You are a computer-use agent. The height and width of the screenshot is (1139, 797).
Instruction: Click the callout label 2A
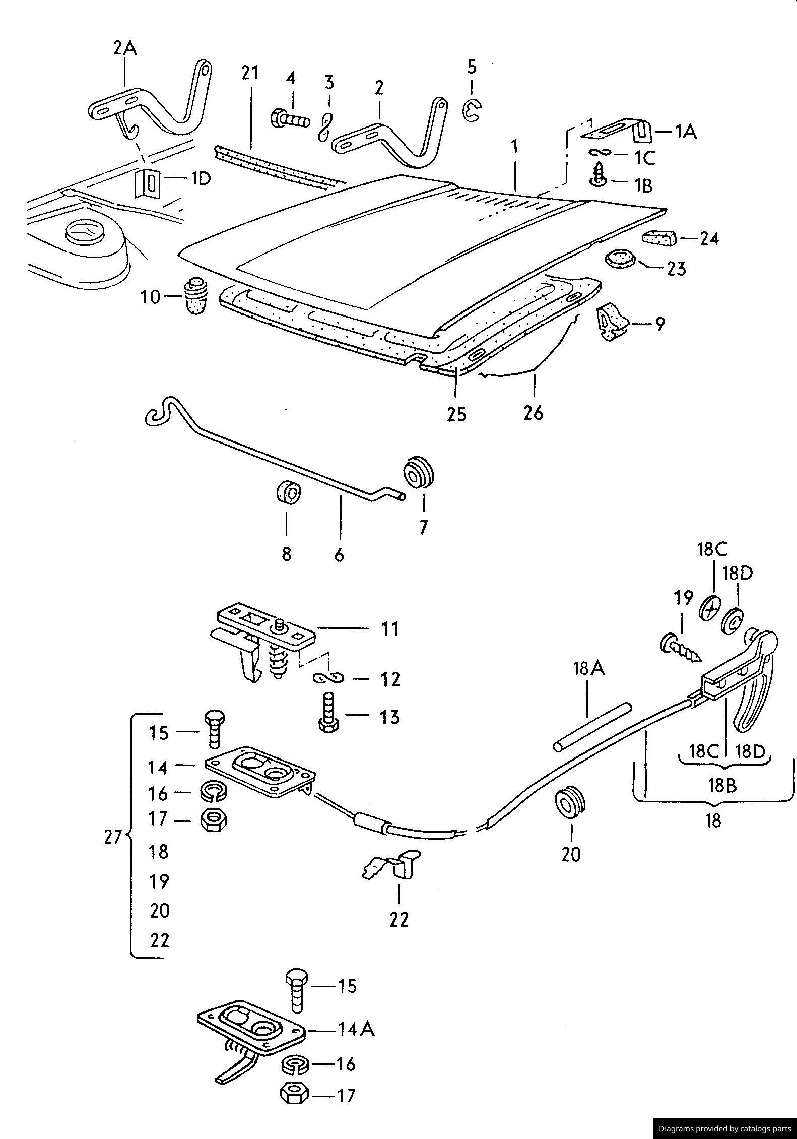tap(125, 49)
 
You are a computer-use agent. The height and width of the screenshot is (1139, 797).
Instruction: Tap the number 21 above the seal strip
tap(249, 73)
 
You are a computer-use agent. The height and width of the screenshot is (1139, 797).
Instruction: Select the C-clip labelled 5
tap(472, 110)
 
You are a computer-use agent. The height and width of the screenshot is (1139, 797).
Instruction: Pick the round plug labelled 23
tap(620, 259)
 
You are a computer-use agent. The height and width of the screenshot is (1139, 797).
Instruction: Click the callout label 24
tap(709, 238)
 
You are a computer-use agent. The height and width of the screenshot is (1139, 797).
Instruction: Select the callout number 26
tap(534, 413)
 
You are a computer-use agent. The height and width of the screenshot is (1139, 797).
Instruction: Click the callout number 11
tap(389, 629)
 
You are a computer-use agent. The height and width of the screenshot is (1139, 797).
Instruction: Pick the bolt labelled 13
tap(328, 712)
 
